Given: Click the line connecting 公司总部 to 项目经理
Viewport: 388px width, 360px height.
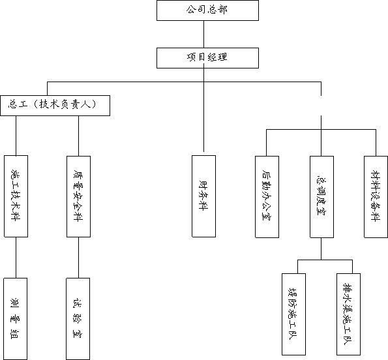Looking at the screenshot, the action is click(x=204, y=34).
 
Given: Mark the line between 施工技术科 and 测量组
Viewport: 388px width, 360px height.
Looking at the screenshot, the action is click(x=16, y=258).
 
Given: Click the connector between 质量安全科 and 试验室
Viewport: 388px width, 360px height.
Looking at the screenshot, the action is click(x=79, y=258).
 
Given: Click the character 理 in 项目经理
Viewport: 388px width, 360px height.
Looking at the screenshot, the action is click(x=222, y=57).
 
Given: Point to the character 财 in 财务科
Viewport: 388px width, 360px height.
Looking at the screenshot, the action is click(x=203, y=185).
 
